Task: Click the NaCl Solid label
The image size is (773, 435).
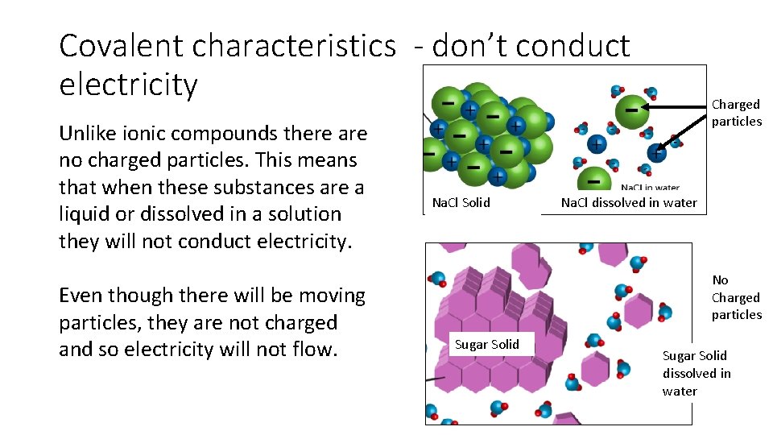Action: coord(461,202)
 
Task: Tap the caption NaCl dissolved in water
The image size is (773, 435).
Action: coord(629,202)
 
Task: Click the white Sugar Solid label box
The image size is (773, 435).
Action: coord(487,345)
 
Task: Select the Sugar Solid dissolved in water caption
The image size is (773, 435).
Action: coord(696,373)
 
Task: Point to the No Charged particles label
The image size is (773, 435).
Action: coord(736,297)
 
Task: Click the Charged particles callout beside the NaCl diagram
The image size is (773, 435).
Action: coord(736,113)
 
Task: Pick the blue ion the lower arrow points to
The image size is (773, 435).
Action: coord(656,152)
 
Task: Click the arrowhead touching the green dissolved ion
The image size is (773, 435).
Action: coord(648,106)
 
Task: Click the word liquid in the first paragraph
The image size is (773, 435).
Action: coord(86,214)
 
